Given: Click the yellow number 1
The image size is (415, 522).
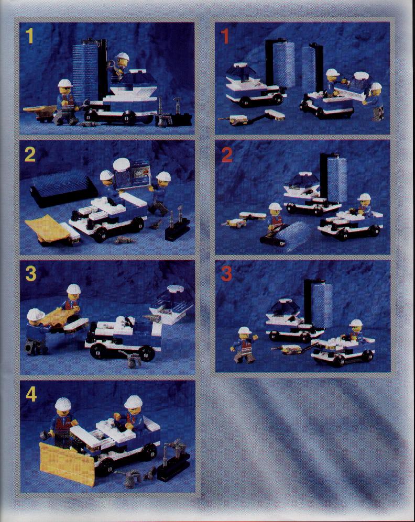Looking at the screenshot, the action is (x=30, y=36).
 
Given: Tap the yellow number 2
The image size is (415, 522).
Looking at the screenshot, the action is (x=30, y=154).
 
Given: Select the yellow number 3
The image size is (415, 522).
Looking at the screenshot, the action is (x=30, y=274).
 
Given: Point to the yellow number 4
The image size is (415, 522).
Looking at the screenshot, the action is (x=31, y=394).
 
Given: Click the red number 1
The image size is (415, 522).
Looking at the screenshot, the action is (x=225, y=36).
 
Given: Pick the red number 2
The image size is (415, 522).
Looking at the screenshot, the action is (x=227, y=155).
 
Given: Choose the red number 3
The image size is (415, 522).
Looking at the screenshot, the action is (x=226, y=274).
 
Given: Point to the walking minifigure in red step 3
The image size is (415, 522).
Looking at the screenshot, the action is (x=244, y=345).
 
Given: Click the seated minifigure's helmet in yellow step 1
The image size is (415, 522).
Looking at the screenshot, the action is (x=123, y=56).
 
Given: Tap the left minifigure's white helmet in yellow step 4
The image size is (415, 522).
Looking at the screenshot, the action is (x=63, y=404).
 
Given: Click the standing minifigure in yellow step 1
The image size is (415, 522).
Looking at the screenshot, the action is (x=67, y=102).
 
